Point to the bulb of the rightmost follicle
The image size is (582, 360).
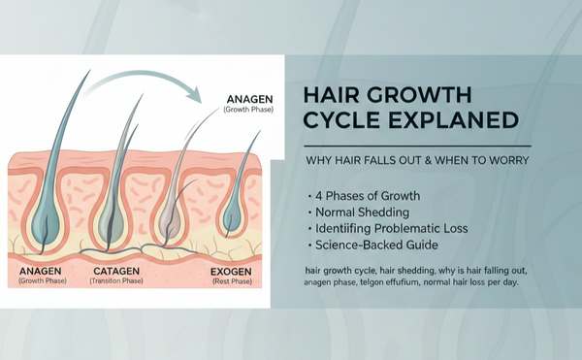click(x=233, y=222)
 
